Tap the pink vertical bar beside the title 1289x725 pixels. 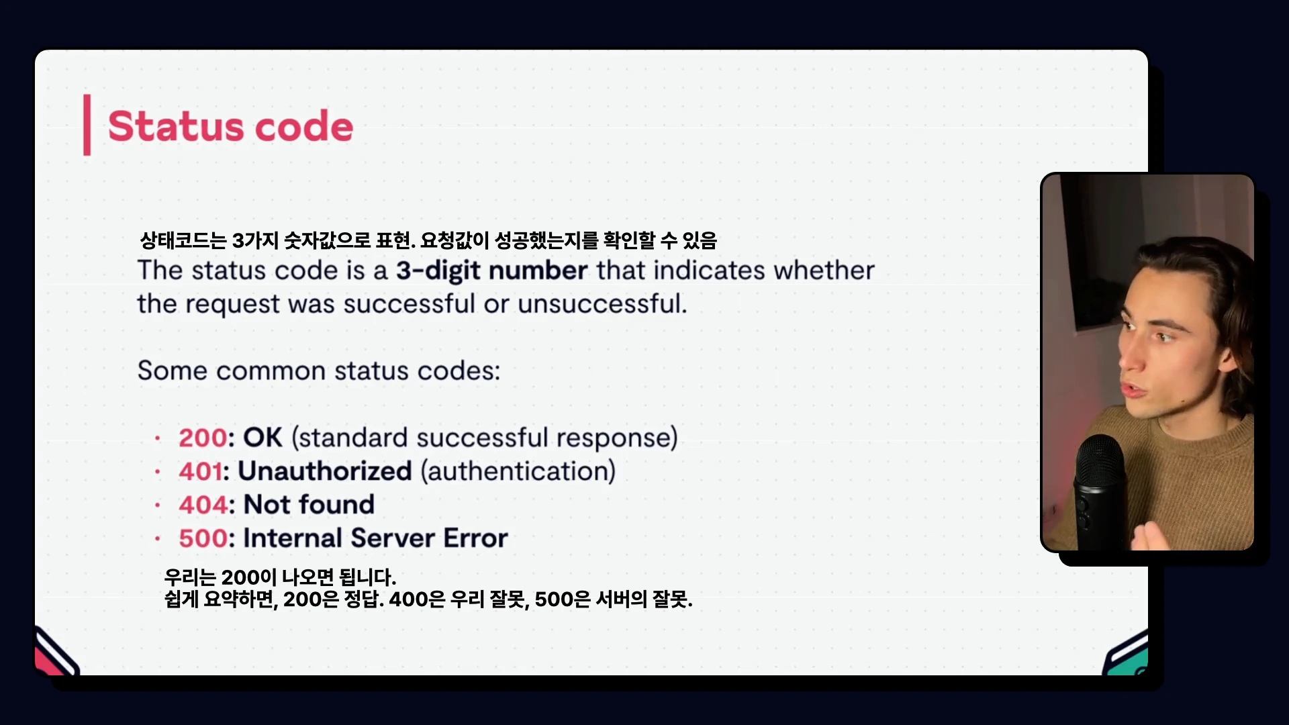(87, 125)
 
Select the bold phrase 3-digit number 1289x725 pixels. (491, 271)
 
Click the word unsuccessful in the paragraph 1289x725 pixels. (602, 304)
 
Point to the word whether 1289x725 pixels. (824, 270)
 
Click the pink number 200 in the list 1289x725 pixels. (203, 438)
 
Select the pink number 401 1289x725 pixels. (200, 471)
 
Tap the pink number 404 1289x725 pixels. (203, 505)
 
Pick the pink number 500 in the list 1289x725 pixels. (203, 538)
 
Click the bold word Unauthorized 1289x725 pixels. (325, 471)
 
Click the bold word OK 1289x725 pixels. (262, 438)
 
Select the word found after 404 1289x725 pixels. (336, 505)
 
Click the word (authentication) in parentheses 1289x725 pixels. (518, 471)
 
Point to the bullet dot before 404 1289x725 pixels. (158, 505)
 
